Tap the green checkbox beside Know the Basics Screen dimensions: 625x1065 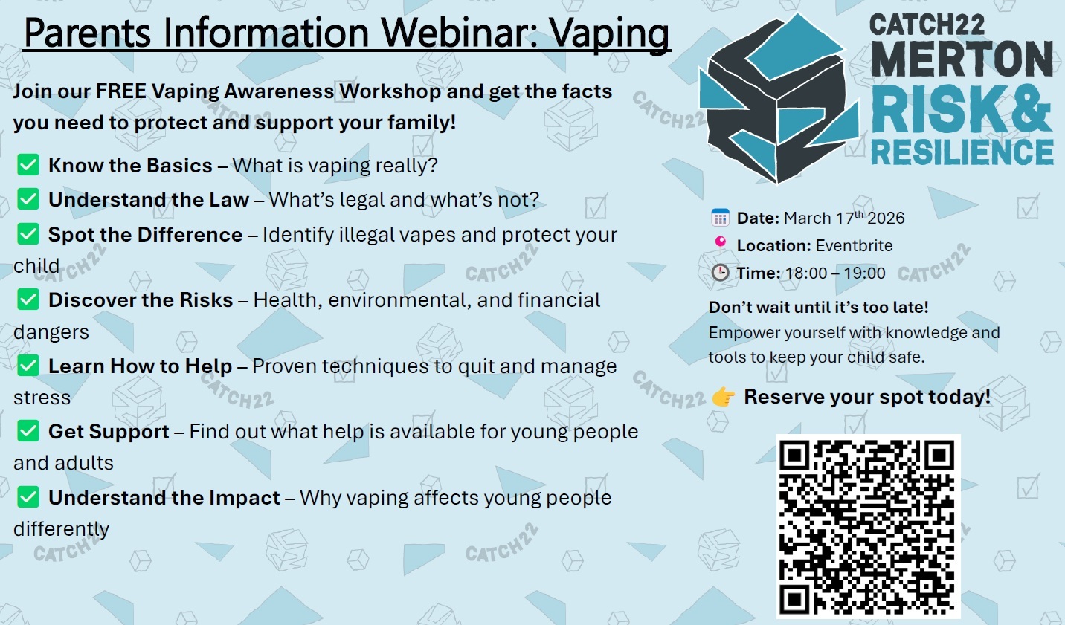click(x=28, y=165)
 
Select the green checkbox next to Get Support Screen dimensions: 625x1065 click(x=28, y=431)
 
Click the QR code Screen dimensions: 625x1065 click(x=868, y=526)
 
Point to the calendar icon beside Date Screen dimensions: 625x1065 click(x=720, y=218)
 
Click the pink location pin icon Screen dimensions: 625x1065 click(x=720, y=242)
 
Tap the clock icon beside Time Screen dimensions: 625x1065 click(x=720, y=273)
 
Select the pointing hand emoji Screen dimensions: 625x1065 click(x=723, y=397)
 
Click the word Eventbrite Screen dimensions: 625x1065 click(x=854, y=245)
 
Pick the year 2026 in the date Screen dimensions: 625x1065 click(x=886, y=218)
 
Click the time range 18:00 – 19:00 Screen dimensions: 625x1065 click(x=835, y=273)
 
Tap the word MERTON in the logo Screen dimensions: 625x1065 click(x=962, y=59)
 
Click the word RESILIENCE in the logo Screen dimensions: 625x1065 click(x=962, y=152)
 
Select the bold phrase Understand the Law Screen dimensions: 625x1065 click(x=148, y=200)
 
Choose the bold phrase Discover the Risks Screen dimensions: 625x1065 click(x=141, y=300)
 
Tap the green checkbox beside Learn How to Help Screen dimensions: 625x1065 click(x=28, y=366)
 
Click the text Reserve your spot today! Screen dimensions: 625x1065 click(x=867, y=397)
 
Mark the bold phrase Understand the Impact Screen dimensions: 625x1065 click(x=164, y=498)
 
